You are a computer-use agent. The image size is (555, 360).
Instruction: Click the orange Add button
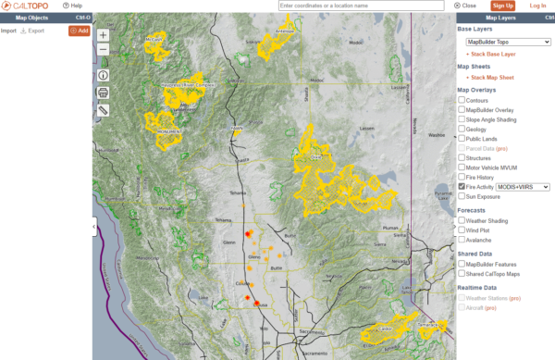tap(79, 31)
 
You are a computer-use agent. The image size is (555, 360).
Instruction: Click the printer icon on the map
tap(103, 93)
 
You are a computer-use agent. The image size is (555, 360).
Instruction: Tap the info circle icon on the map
tap(103, 75)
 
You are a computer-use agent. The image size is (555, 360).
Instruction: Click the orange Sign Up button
tap(502, 6)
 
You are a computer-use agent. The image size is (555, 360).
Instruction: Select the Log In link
tap(537, 6)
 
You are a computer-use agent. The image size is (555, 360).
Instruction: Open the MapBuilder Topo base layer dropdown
tap(508, 42)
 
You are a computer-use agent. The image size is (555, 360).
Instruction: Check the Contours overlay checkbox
tap(462, 99)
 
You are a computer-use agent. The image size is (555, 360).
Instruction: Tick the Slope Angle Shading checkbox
tap(462, 119)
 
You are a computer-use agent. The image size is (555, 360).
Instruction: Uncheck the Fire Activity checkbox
tap(462, 186)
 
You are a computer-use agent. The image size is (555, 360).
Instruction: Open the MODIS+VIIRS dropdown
tap(523, 186)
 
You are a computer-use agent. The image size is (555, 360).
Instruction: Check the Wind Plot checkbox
tap(462, 230)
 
